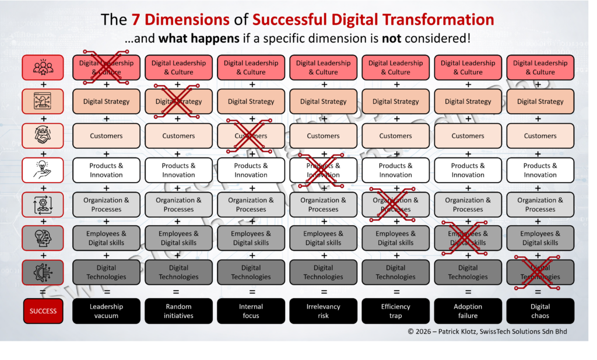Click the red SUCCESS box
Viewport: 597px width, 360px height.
[43, 311]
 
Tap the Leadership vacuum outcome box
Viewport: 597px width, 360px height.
[106, 311]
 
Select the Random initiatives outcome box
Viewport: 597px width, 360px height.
[178, 311]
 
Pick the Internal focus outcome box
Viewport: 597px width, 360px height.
[251, 311]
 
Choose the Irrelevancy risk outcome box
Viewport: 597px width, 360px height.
[323, 311]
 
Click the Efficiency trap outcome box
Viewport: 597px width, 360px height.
[395, 311]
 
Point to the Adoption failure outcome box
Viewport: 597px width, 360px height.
[468, 311]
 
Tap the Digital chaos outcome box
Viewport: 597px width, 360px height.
[540, 311]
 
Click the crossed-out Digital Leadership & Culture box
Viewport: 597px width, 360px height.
[106, 68]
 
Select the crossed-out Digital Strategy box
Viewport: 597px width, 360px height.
[178, 102]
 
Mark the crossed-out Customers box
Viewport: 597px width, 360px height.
[251, 136]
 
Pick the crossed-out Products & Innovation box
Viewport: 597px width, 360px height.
[323, 170]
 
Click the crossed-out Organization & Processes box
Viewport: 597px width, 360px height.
[395, 204]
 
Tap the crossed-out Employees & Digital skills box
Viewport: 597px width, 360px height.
[468, 238]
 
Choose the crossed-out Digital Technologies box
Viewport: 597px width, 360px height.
[540, 272]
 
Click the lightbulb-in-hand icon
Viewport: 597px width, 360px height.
[43, 170]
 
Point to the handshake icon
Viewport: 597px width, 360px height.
[43, 136]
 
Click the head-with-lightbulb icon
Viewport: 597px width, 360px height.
[43, 238]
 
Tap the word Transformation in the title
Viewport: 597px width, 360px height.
[433, 19]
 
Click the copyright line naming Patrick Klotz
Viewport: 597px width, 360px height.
[487, 332]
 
